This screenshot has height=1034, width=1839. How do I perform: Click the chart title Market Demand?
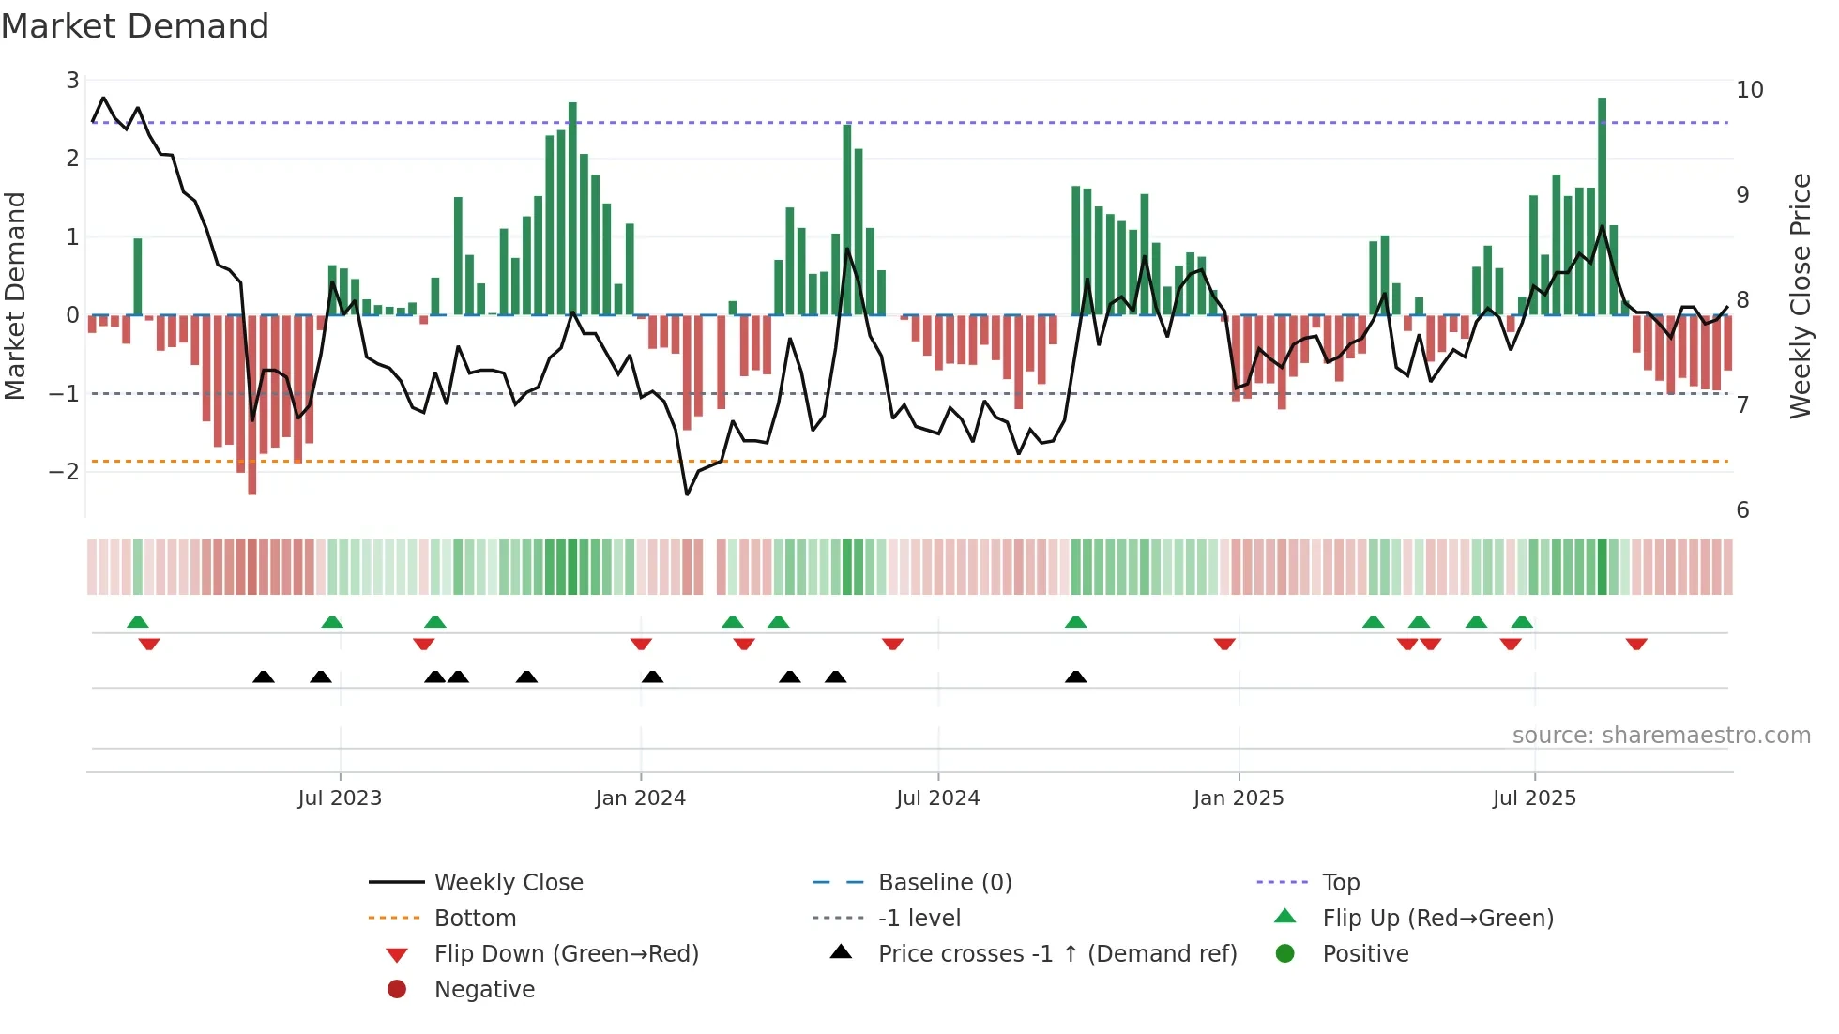135,26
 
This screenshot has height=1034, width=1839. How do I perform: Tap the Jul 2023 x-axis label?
340,798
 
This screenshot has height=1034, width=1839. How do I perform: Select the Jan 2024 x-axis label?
640,798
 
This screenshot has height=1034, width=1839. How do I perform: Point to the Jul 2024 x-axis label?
937,798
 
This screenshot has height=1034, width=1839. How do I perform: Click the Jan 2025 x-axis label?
1239,798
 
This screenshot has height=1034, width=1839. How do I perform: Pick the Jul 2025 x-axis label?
1534,798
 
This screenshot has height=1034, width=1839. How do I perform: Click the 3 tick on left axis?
72,81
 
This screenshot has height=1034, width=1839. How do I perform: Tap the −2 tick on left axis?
65,471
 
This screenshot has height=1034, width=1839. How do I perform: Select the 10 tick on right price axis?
1750,90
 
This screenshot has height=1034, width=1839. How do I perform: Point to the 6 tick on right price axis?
1743,510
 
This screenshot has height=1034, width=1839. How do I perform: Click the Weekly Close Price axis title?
1800,296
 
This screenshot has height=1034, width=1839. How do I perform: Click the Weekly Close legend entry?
508,883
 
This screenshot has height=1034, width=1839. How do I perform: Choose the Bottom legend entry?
475,919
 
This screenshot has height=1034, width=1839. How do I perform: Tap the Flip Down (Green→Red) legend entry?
566,954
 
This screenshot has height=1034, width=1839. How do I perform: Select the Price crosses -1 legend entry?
1056,954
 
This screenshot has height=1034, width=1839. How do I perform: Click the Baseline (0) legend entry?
944,883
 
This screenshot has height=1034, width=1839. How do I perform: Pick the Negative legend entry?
484,990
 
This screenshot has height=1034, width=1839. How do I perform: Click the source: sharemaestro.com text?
1661,736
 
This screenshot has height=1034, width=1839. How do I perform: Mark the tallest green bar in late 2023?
572,206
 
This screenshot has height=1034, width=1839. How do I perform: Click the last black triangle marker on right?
1076,677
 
